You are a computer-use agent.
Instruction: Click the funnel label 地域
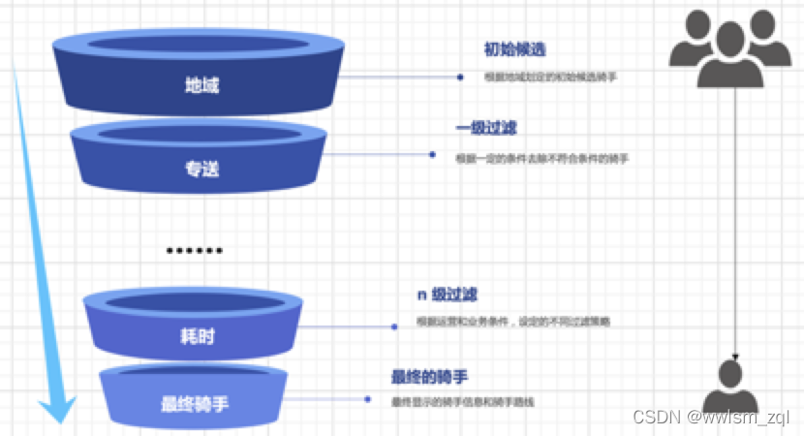point(201,85)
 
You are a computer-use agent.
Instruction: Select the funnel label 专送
point(201,169)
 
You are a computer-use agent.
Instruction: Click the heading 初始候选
point(509,49)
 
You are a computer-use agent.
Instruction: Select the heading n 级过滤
point(447,295)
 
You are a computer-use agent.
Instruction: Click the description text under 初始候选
point(550,77)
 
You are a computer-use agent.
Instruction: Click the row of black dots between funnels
point(194,250)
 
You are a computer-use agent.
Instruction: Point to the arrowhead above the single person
point(735,358)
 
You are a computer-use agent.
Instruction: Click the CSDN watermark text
point(712,417)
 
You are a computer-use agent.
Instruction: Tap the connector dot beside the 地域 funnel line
point(460,76)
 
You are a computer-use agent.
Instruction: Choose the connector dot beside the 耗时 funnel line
point(394,327)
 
